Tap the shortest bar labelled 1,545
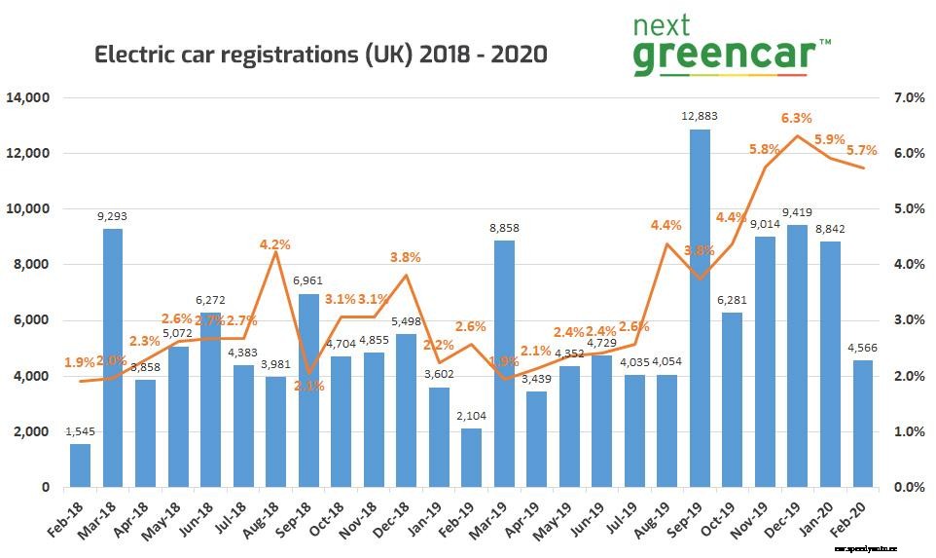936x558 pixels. pyautogui.click(x=80, y=465)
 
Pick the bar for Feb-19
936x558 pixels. pyautogui.click(x=471, y=457)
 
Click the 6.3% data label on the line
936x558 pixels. pyautogui.click(x=797, y=118)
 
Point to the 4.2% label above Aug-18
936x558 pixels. pyautogui.click(x=275, y=245)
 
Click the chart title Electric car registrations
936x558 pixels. pyautogui.click(x=320, y=55)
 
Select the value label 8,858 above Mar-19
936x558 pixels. pyautogui.click(x=504, y=229)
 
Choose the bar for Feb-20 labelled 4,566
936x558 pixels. pyautogui.click(x=863, y=423)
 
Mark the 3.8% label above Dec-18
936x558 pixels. pyautogui.click(x=405, y=257)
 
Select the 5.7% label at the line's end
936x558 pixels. pyautogui.click(x=861, y=151)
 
